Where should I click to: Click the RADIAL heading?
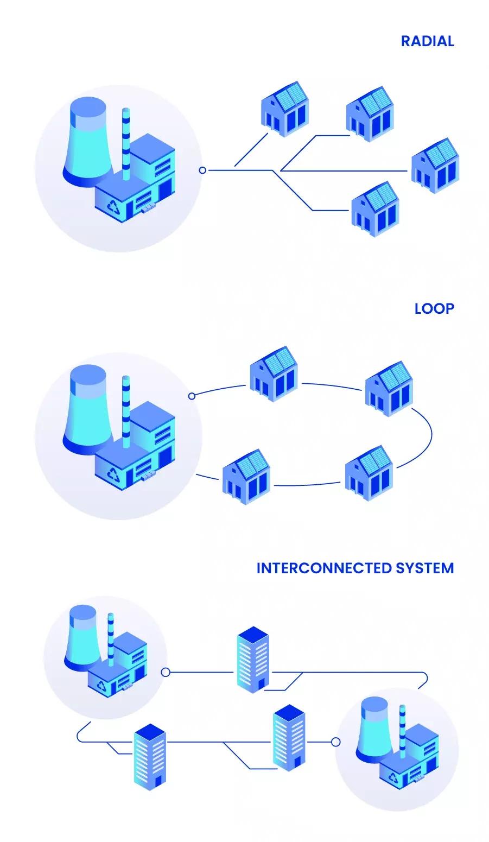[x=427, y=41]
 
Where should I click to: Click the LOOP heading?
[x=434, y=309]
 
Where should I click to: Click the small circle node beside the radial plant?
[x=202, y=170]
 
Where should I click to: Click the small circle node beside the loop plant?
[x=192, y=396]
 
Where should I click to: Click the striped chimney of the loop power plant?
[x=126, y=410]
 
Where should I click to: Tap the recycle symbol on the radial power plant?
[x=113, y=207]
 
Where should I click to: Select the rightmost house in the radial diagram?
[x=434, y=166]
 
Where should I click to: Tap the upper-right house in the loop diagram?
[x=389, y=388]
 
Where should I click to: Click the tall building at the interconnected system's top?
[x=253, y=659]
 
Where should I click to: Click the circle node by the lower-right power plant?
[x=336, y=742]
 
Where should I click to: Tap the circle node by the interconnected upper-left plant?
[x=166, y=673]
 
